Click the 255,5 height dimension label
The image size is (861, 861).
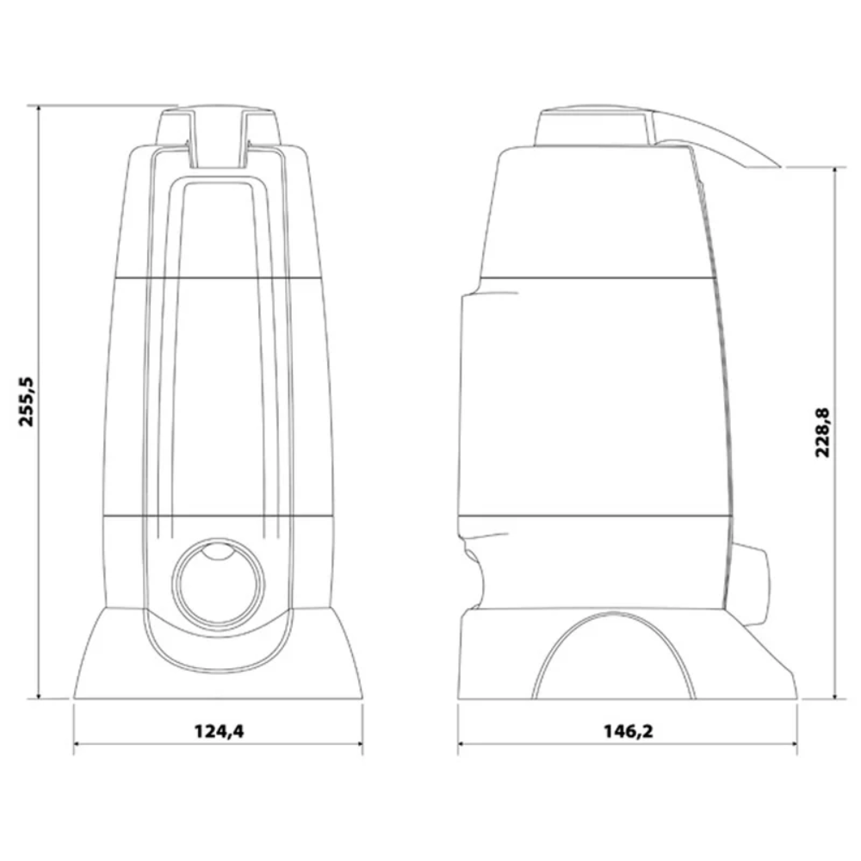tap(27, 402)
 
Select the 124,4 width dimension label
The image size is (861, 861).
tap(219, 731)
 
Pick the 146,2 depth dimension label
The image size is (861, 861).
tap(629, 731)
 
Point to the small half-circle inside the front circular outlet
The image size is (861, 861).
tap(218, 551)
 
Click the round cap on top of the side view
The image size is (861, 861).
tap(594, 127)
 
